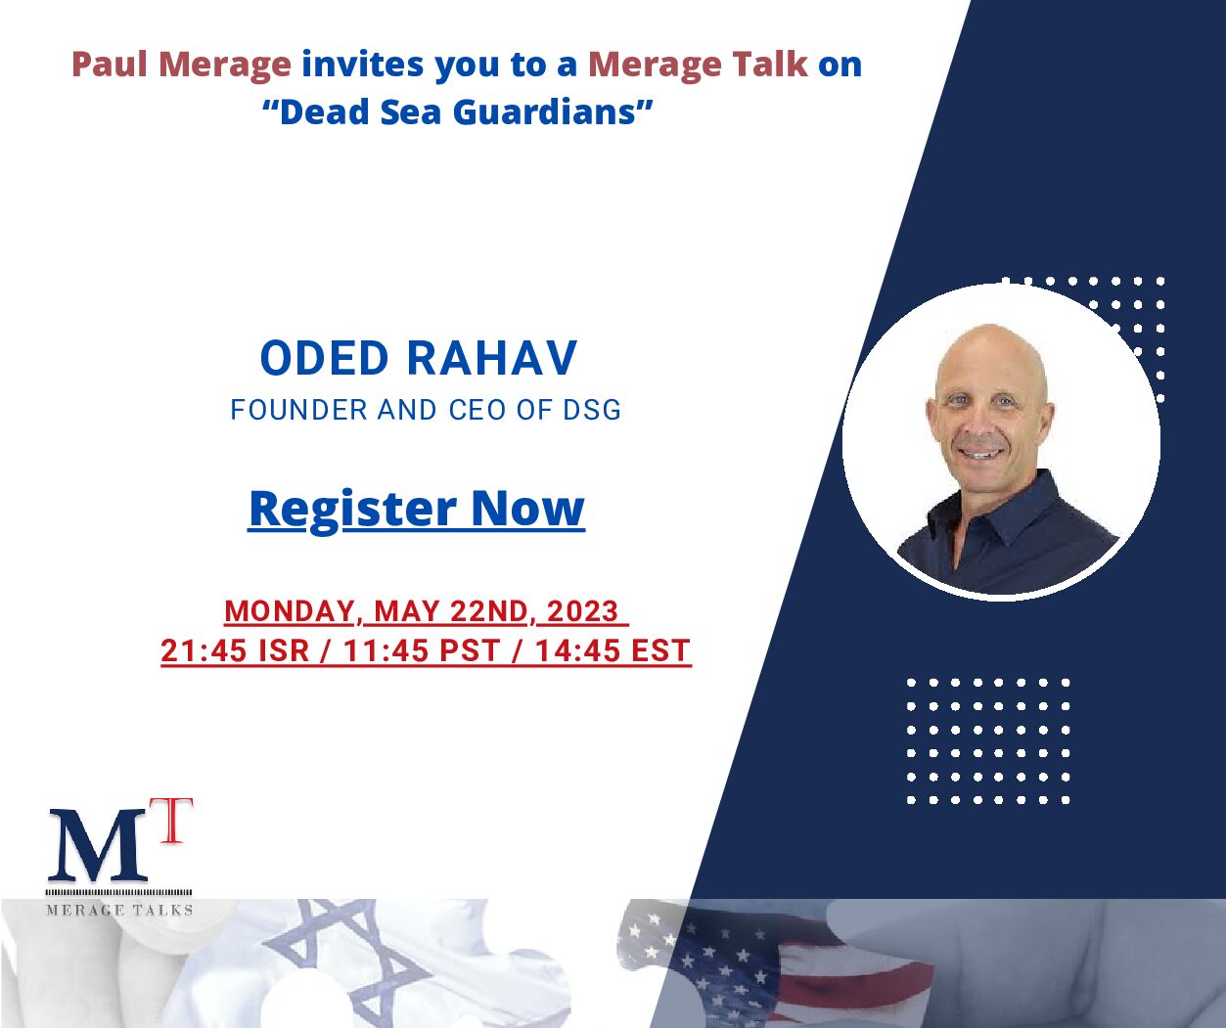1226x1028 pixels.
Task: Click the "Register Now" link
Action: (x=416, y=509)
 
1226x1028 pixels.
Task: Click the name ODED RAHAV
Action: (x=419, y=358)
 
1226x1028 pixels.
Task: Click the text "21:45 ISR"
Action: (x=235, y=650)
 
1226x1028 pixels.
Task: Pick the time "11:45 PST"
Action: (x=422, y=650)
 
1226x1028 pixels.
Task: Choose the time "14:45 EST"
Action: (x=613, y=650)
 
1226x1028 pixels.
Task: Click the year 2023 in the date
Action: (x=582, y=611)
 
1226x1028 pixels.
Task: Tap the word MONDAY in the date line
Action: (x=289, y=611)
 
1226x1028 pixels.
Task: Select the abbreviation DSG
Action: (x=592, y=410)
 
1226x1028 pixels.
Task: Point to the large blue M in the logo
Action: (x=97, y=846)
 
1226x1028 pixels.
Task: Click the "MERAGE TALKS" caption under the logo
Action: (x=119, y=910)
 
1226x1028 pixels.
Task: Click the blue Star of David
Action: (x=338, y=961)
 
